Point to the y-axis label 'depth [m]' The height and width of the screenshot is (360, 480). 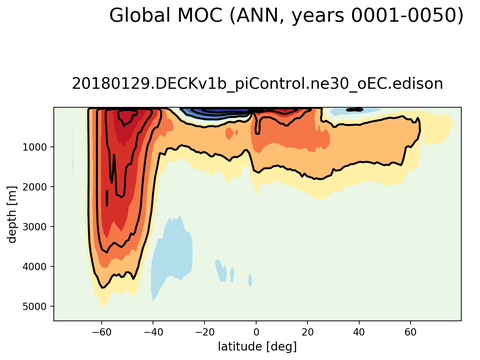[12, 214]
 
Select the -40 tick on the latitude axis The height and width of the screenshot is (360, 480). [152, 330]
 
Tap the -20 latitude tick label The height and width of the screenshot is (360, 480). [204, 330]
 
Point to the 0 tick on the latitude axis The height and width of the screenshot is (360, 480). [257, 330]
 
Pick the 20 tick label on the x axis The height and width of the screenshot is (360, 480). [308, 330]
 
